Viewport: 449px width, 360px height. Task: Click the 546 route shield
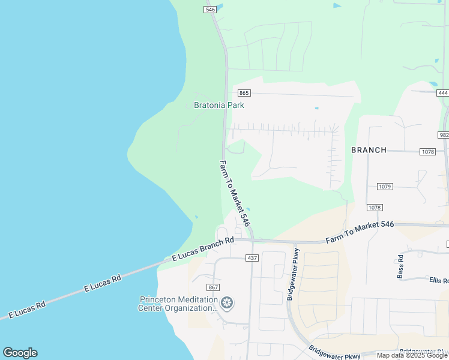pos(209,10)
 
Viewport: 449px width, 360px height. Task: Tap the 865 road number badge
pos(244,93)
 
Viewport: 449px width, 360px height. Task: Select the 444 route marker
pos(443,93)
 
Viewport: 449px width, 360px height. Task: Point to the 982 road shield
pos(444,135)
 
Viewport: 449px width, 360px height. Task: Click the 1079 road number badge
pos(385,187)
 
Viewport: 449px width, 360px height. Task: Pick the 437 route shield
pos(252,257)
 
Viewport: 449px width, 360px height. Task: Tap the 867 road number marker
pos(212,287)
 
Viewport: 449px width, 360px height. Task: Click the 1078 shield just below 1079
pos(375,207)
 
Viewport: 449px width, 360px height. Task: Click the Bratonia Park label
pos(219,105)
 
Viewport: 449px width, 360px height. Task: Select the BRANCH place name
pos(369,150)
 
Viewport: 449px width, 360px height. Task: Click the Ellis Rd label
pos(439,280)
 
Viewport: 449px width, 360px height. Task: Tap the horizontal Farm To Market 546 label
pos(360,232)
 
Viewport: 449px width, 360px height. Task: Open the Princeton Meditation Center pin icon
pos(227,303)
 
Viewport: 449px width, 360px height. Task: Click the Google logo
pos(20,353)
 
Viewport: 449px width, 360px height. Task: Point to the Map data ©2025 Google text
pos(412,355)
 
